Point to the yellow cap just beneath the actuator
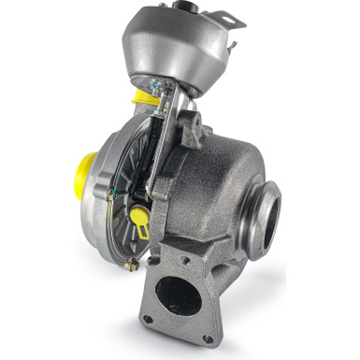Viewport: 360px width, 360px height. tap(143, 96)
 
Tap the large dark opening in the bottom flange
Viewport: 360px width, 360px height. tap(179, 297)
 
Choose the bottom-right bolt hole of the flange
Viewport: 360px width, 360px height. tap(209, 338)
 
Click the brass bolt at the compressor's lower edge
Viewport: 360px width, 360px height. tap(133, 266)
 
